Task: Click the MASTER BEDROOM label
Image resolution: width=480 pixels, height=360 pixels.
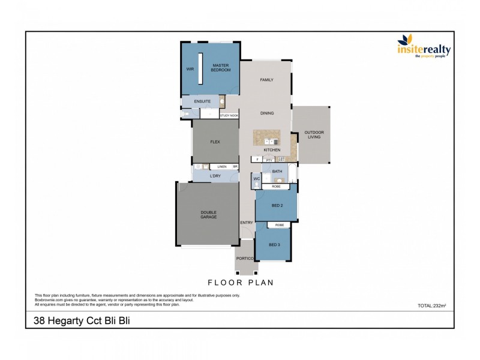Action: click(220, 68)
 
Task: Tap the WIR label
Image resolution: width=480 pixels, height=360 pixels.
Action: click(190, 70)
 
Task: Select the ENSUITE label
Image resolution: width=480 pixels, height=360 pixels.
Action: click(202, 101)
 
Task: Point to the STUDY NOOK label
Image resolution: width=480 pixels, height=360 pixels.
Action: click(229, 115)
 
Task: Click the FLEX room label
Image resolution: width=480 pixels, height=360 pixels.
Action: click(215, 142)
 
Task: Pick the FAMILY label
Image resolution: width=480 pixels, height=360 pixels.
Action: click(266, 80)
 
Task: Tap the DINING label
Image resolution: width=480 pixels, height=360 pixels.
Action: click(267, 113)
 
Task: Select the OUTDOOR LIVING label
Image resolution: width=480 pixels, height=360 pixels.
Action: click(313, 134)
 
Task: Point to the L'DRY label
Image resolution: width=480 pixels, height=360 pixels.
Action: click(215, 176)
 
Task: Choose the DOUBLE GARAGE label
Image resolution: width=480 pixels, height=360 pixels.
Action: click(208, 215)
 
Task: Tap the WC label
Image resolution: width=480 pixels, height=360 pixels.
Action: click(256, 178)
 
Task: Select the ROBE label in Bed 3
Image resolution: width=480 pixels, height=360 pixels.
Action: click(279, 225)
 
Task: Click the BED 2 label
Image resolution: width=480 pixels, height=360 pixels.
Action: click(277, 205)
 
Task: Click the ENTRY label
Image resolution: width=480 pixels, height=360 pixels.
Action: click(246, 223)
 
